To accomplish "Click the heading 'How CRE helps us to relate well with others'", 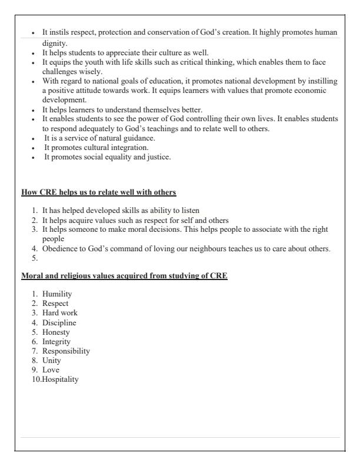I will pos(98,192).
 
